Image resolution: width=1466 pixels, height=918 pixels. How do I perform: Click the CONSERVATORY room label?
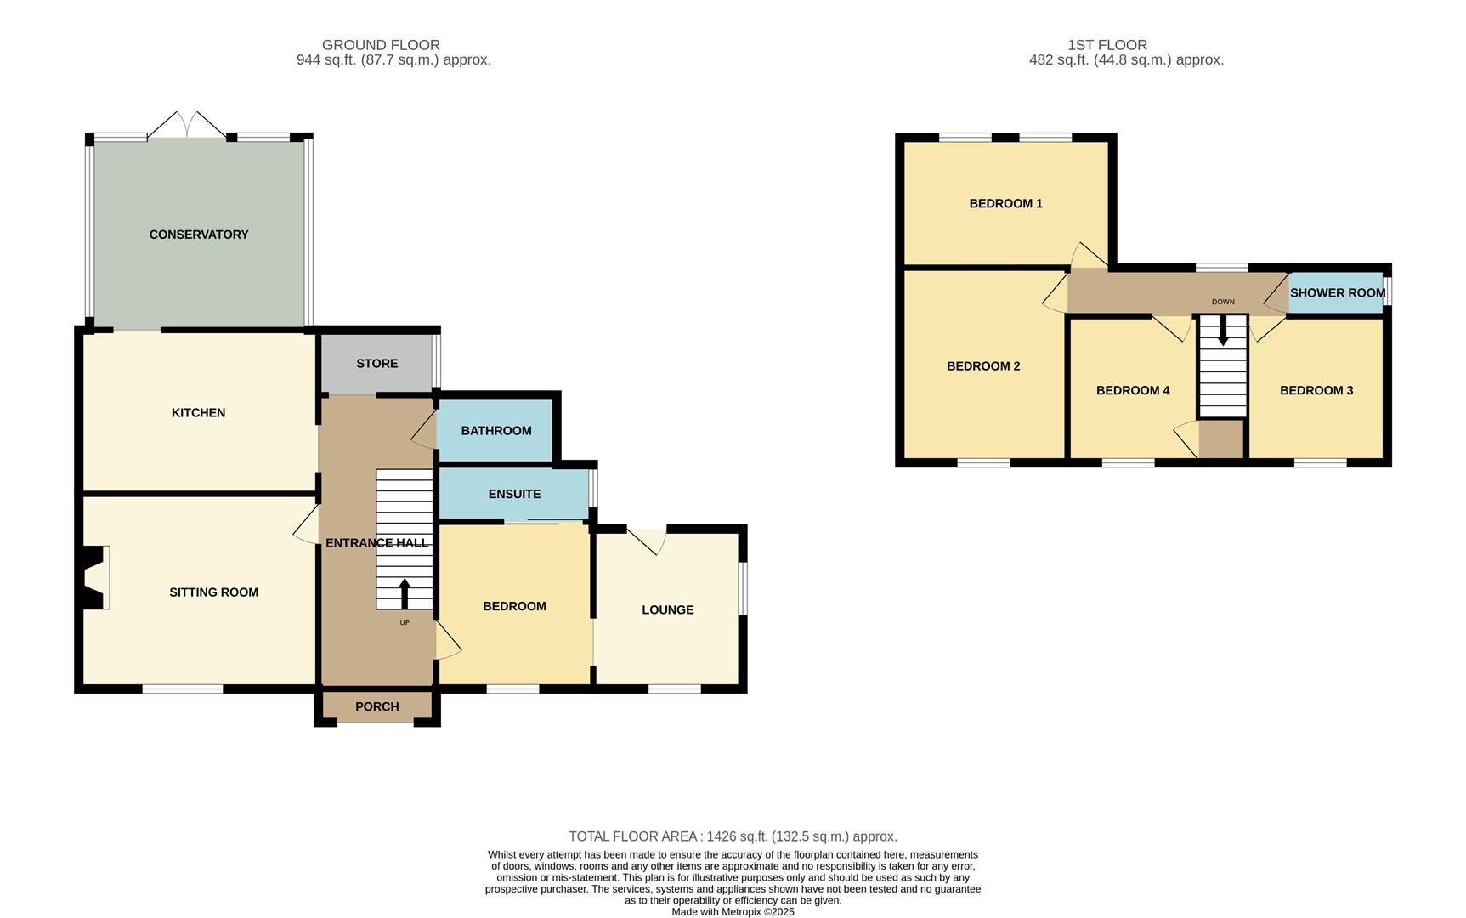[x=199, y=235]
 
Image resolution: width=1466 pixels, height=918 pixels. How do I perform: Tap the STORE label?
[x=376, y=364]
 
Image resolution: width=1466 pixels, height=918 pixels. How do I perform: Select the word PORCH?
[x=376, y=706]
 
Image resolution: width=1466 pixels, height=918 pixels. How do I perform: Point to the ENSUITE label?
[x=514, y=494]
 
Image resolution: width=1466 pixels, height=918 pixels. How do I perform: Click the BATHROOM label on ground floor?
[x=496, y=431]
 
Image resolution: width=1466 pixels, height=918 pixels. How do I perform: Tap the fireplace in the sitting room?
[x=94, y=578]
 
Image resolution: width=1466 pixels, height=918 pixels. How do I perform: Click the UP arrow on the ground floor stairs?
[x=405, y=593]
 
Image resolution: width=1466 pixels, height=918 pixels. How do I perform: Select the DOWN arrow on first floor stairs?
[x=1223, y=331]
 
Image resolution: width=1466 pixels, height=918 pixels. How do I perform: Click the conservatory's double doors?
[x=187, y=125]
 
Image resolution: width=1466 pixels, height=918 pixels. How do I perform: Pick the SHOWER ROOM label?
[x=1337, y=293]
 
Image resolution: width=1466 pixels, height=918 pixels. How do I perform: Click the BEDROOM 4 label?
[x=1133, y=391]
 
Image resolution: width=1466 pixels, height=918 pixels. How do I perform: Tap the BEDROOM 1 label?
[x=1005, y=204]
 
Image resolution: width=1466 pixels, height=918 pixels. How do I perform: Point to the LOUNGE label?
[x=667, y=610]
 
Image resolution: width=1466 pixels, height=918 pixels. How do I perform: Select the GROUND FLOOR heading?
[x=381, y=45]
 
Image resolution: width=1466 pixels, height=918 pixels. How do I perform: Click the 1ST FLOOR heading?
[x=1107, y=45]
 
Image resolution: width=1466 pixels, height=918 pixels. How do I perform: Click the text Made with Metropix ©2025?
[x=733, y=912]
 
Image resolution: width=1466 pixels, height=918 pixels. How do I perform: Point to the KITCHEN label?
[x=198, y=413]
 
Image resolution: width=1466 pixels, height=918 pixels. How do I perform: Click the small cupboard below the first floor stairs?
[x=1221, y=439]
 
